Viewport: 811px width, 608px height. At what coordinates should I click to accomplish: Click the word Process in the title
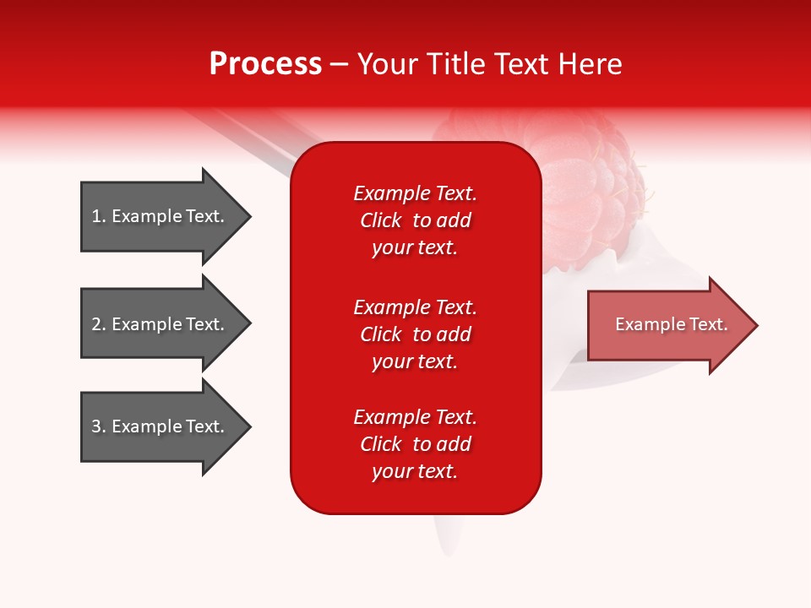click(x=265, y=64)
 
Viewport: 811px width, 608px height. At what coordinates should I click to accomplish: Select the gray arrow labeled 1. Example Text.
click(x=161, y=216)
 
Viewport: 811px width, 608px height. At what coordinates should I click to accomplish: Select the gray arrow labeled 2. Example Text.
click(x=161, y=324)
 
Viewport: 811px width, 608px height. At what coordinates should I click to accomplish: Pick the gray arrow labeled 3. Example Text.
click(x=161, y=426)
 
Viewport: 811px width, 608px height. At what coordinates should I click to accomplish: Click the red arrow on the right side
click(x=667, y=325)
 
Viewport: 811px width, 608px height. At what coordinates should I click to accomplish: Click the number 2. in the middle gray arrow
click(x=99, y=324)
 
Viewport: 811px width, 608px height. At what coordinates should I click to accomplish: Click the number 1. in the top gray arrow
click(x=99, y=216)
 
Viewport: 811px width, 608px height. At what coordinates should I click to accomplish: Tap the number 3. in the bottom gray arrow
click(x=99, y=426)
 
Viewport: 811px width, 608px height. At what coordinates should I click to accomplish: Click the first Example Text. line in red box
click(x=415, y=193)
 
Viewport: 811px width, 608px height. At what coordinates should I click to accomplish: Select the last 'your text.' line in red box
click(x=415, y=471)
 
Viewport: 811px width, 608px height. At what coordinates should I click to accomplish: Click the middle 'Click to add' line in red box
click(x=415, y=334)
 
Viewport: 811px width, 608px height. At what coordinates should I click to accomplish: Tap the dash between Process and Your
click(x=340, y=64)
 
